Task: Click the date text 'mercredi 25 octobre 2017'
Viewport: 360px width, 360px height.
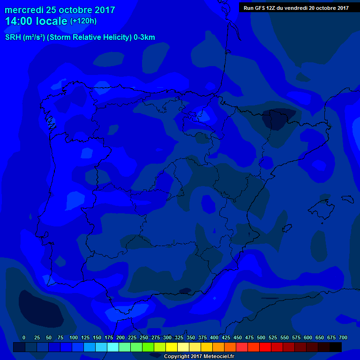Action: (60, 10)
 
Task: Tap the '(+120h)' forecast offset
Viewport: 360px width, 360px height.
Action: (83, 21)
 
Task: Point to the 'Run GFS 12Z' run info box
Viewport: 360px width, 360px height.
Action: (296, 7)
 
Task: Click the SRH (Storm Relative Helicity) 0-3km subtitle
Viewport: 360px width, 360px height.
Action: (80, 37)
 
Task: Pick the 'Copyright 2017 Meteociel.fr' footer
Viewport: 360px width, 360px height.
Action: (199, 356)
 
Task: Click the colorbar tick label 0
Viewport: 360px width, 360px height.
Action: (24, 337)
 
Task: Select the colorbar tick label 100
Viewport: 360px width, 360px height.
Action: (74, 337)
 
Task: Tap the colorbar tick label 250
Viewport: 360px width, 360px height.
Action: (144, 337)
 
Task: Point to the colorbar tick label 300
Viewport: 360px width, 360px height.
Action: (167, 337)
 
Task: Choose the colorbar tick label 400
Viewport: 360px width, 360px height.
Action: (214, 337)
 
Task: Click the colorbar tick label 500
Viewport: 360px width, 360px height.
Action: (261, 337)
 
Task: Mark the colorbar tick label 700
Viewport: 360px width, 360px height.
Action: (343, 337)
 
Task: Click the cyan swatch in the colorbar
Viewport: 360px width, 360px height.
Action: (113, 347)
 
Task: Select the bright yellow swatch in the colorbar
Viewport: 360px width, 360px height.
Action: (172, 347)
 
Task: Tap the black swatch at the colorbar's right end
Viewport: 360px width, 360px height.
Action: (336, 347)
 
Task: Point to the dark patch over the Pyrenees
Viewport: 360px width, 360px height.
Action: (279, 119)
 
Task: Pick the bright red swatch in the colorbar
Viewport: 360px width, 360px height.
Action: (265, 347)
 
